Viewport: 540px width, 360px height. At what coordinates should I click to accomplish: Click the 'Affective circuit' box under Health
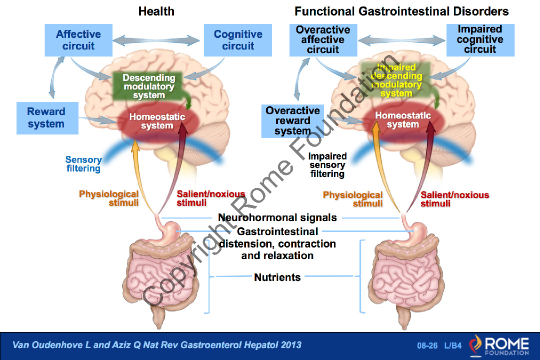click(x=78, y=40)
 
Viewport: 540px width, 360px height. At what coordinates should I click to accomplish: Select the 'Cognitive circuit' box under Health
click(x=238, y=40)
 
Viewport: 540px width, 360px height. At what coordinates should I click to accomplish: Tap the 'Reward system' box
click(x=46, y=118)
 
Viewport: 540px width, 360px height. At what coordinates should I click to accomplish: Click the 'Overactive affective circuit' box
click(x=323, y=39)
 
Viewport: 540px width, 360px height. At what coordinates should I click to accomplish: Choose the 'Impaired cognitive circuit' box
click(x=479, y=39)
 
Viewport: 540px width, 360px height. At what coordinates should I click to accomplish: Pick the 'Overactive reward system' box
click(x=292, y=120)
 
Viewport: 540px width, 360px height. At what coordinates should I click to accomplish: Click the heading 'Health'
click(x=156, y=11)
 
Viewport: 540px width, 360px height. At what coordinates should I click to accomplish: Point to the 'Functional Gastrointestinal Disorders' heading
click(x=401, y=11)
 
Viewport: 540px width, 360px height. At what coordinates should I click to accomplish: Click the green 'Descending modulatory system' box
click(x=149, y=86)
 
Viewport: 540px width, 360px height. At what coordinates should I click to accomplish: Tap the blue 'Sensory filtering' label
click(x=83, y=164)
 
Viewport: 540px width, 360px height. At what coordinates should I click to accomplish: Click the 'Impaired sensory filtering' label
click(x=327, y=165)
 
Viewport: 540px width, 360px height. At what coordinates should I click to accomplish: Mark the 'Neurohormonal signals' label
click(x=277, y=218)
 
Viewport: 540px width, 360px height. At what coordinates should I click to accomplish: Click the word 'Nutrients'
click(x=277, y=277)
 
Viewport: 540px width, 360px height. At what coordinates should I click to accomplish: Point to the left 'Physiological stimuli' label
click(x=109, y=198)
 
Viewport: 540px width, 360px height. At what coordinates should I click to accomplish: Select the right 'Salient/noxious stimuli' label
click(x=454, y=199)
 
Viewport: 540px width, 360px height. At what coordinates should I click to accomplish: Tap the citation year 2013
click(x=290, y=345)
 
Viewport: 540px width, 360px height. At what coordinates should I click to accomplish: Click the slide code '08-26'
click(x=427, y=345)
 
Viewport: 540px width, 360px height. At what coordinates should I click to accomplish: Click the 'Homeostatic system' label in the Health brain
click(x=157, y=121)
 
